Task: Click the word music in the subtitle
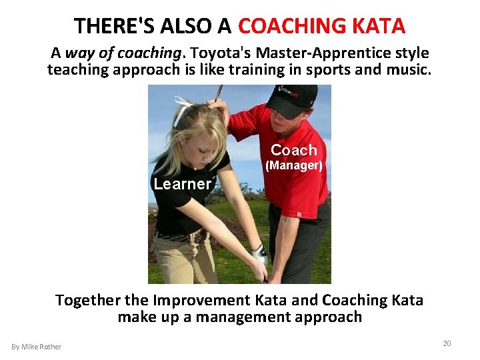(409, 69)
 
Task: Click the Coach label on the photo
(293, 150)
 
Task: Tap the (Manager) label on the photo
(293, 165)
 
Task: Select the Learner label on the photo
(182, 184)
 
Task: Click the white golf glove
(261, 256)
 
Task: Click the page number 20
(447, 343)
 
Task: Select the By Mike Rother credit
(36, 347)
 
